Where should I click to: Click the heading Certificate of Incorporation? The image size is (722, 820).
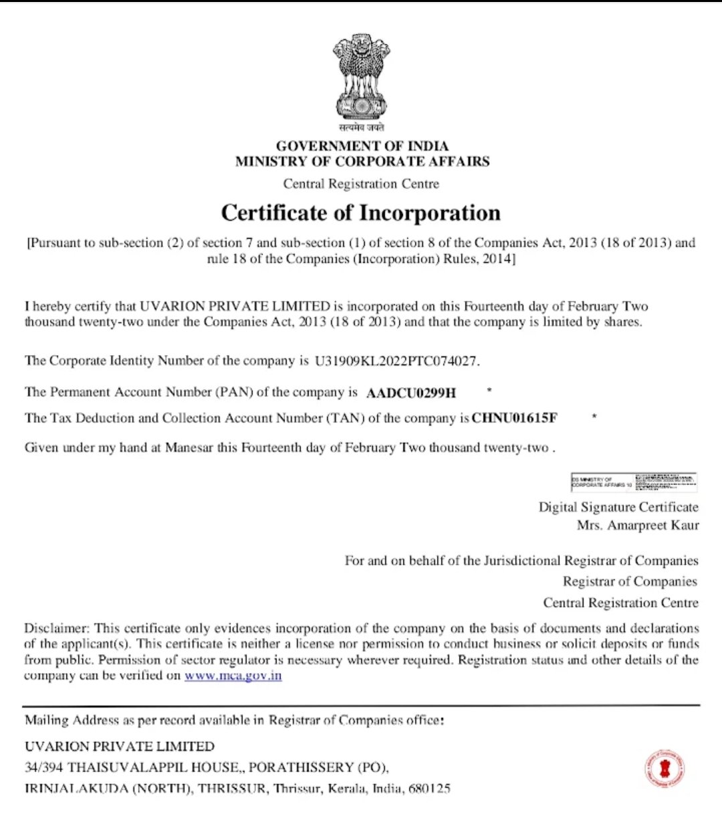(x=361, y=213)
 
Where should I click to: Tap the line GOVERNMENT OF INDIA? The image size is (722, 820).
(x=362, y=146)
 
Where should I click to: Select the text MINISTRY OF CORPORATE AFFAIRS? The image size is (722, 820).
(x=362, y=161)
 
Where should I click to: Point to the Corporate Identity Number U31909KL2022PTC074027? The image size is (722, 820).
(x=397, y=361)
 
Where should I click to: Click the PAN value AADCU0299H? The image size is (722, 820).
(x=411, y=393)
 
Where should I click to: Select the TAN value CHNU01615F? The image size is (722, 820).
(x=515, y=418)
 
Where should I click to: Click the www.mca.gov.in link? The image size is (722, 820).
(x=233, y=676)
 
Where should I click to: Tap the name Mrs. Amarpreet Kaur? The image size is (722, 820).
(x=638, y=525)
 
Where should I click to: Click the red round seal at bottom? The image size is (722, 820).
(x=665, y=769)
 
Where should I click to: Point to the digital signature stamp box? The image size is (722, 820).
(x=634, y=482)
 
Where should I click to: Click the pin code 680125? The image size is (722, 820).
(x=429, y=789)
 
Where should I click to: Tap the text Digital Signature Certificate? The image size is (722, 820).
(x=618, y=507)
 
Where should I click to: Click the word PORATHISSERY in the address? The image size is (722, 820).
(x=302, y=767)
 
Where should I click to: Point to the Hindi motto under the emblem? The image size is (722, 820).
(x=361, y=127)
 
